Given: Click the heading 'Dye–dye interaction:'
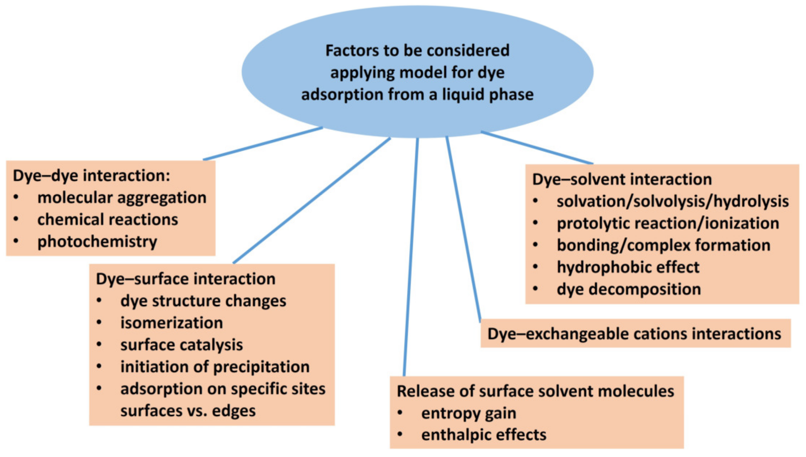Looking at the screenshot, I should pos(91,176).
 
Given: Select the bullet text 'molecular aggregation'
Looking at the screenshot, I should pos(122,198).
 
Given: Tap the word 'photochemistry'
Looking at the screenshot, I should pos(97,242).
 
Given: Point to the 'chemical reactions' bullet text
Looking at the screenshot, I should pos(107,220).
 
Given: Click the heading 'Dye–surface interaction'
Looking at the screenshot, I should pos(186,279).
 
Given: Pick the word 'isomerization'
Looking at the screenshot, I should pos(171,323).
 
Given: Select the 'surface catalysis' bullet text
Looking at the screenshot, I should pos(181,345).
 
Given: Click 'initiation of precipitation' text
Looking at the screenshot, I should pos(215,367).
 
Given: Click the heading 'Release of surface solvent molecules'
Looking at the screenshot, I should pos(535,391).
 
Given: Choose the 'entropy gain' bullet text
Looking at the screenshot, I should pos(468,413).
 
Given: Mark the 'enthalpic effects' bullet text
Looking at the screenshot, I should pos(484,435).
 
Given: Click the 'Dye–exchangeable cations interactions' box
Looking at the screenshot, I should pos(634,334).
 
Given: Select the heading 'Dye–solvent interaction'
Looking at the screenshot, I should pos(622,179).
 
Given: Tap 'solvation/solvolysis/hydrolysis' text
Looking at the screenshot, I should pos(673,201).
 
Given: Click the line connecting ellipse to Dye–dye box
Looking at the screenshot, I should pos(263,144).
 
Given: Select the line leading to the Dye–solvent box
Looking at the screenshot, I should pos(536,148).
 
